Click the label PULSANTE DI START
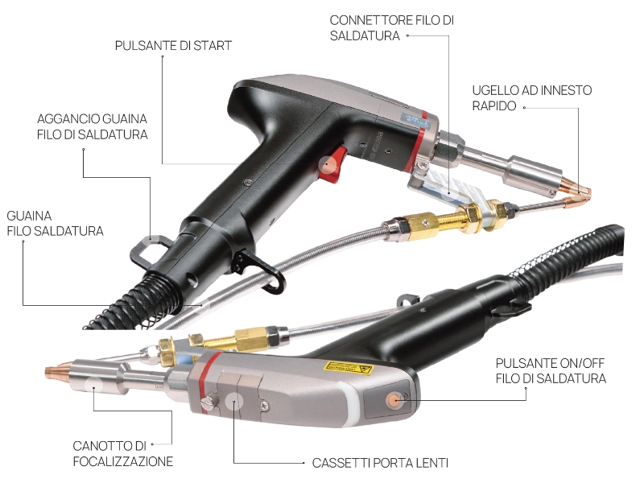tap(173, 46)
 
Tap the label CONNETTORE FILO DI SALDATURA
tap(392, 28)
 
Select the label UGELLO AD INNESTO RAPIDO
tap(532, 98)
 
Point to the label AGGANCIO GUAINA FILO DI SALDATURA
tap(93, 126)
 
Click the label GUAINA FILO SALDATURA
tap(55, 224)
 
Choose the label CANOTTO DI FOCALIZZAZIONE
tap(123, 454)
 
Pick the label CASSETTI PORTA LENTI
tap(380, 464)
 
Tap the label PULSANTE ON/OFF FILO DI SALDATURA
tap(551, 371)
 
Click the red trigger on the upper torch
tap(332, 166)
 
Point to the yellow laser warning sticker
tap(348, 367)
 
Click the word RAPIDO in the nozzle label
tap(494, 106)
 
